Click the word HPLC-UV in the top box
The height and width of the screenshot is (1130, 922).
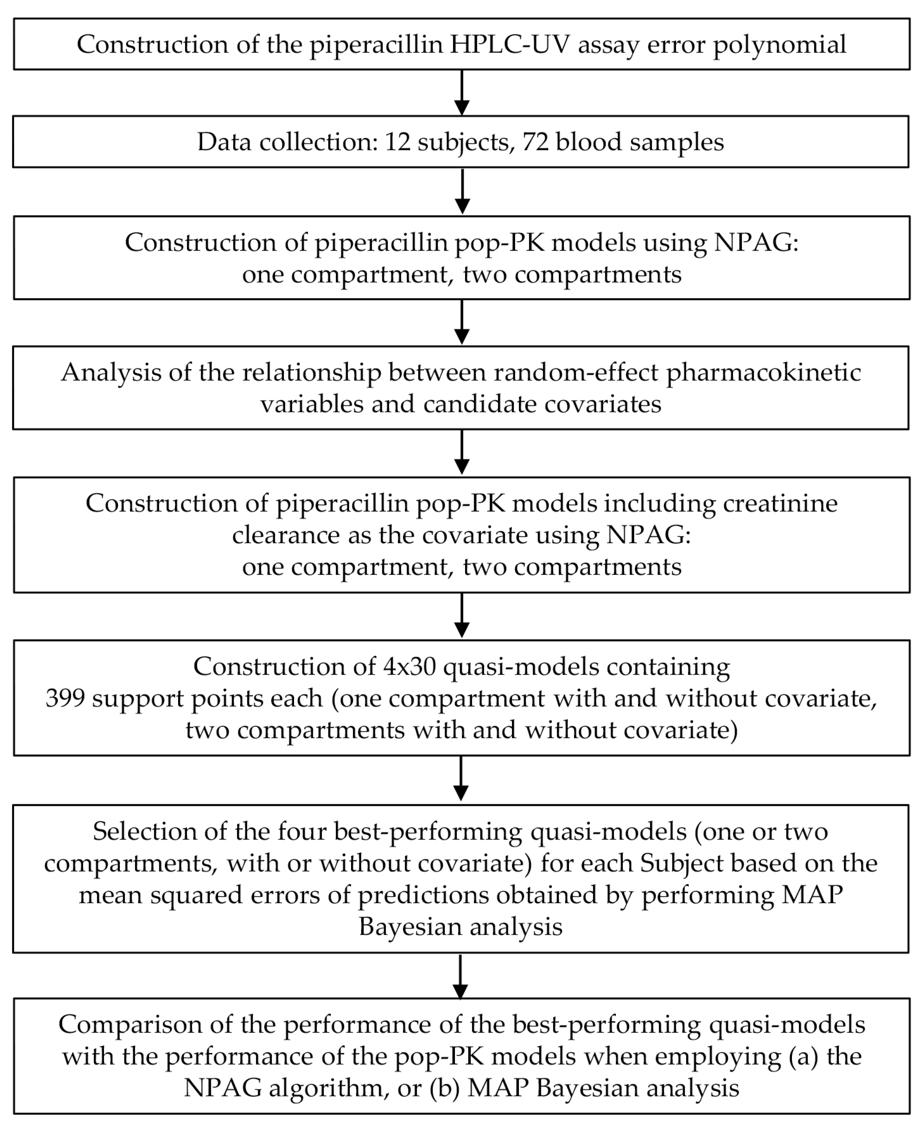click(x=509, y=44)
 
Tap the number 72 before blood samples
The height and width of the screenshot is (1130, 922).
click(x=535, y=142)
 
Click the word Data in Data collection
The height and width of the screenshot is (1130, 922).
click(x=224, y=142)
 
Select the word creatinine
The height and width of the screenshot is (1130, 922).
click(x=780, y=503)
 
